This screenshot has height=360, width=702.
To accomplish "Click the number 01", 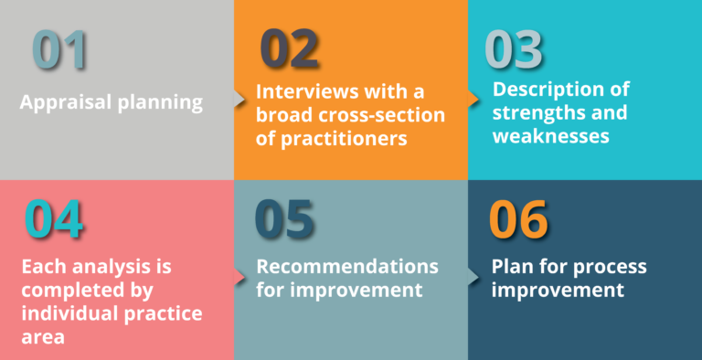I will point(60,51).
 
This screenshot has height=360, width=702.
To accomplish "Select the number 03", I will point(514,51).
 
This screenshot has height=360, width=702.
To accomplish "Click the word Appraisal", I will point(65,101).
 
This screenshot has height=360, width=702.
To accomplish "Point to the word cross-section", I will point(382,116).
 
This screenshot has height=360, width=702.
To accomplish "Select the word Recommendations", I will point(347,267).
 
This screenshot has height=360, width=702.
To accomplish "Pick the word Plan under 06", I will point(512,267).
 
